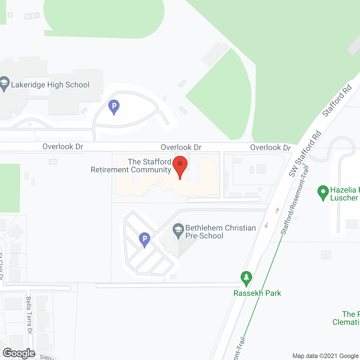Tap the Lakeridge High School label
click(50, 85)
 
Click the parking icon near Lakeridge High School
click(114, 107)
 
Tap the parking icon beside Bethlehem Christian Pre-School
click(145, 239)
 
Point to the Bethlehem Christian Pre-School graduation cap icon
click(178, 230)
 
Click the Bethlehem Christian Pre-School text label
click(220, 232)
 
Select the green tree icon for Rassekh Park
click(246, 278)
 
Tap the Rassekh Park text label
click(257, 293)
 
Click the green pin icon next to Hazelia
click(323, 192)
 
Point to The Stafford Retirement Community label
click(131, 166)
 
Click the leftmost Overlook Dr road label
click(63, 147)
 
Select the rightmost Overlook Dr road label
click(270, 148)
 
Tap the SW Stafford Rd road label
click(305, 154)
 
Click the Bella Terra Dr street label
click(29, 315)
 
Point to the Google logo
click(19, 353)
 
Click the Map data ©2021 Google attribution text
click(326, 356)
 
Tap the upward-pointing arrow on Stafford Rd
click(277, 210)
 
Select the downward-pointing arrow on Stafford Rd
click(266, 225)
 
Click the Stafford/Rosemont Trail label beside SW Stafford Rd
click(295, 200)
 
